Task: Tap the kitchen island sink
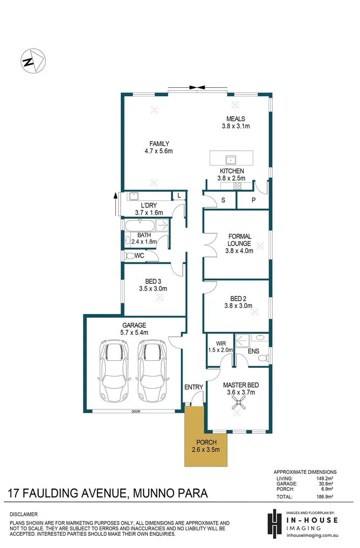click(231, 158)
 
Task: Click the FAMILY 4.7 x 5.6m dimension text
click(159, 151)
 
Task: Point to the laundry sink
click(135, 196)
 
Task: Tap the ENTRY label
click(193, 387)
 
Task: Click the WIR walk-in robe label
click(220, 343)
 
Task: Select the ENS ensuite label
click(253, 351)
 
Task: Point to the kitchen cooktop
click(237, 187)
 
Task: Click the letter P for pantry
click(253, 200)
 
